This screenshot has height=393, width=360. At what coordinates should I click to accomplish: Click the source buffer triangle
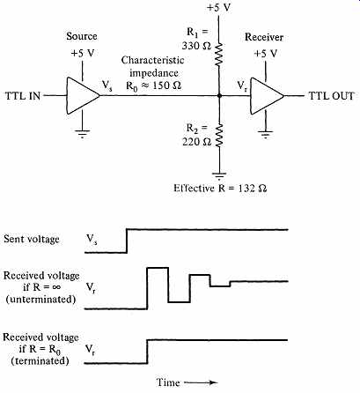pos(82,96)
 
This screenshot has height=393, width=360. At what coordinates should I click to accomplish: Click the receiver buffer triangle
pos(266,96)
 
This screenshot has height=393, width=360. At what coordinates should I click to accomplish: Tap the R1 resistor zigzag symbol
pos(219,54)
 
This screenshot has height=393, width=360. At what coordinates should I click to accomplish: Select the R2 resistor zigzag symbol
pos(219,136)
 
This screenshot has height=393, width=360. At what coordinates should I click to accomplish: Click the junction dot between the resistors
pos(219,96)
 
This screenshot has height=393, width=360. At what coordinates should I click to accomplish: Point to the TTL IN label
pos(23,96)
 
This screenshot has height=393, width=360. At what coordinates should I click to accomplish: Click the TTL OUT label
pos(331,96)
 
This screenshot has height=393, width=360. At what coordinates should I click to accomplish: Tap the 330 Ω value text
pos(196,46)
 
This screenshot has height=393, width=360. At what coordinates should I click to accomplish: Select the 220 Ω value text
pos(196,142)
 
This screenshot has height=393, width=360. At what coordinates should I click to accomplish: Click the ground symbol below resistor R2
pos(219,175)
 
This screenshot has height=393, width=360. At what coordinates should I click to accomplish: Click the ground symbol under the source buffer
pos(82,134)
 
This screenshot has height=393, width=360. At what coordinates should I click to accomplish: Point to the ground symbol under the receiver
pos(266,134)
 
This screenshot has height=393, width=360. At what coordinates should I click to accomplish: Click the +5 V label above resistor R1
pos(219,8)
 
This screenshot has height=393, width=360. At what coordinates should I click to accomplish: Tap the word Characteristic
pos(153,60)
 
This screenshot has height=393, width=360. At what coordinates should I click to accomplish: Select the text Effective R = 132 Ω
pos(220,188)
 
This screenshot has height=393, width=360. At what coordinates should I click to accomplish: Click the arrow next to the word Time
pos(201,382)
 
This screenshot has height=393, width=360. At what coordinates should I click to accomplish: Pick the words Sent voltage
pos(32,239)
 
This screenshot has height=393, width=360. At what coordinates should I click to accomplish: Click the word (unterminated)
pos(40,299)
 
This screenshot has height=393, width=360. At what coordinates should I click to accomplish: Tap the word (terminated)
pos(40,360)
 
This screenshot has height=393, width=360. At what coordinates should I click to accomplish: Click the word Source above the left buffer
pos(82,36)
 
